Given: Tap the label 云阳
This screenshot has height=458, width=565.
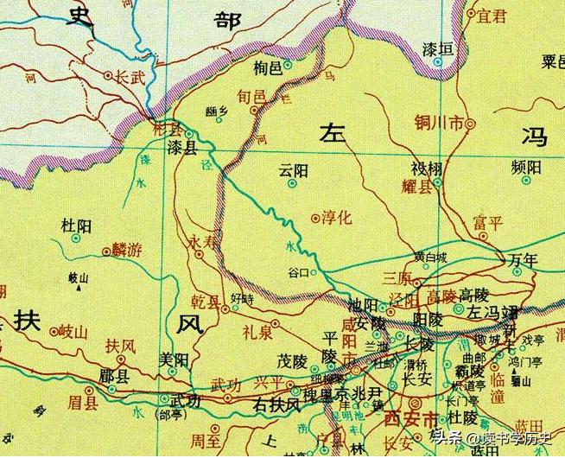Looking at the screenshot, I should [x=294, y=170].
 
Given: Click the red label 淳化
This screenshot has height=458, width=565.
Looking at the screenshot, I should [x=337, y=219].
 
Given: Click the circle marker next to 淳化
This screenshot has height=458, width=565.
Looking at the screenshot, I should [x=314, y=219].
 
